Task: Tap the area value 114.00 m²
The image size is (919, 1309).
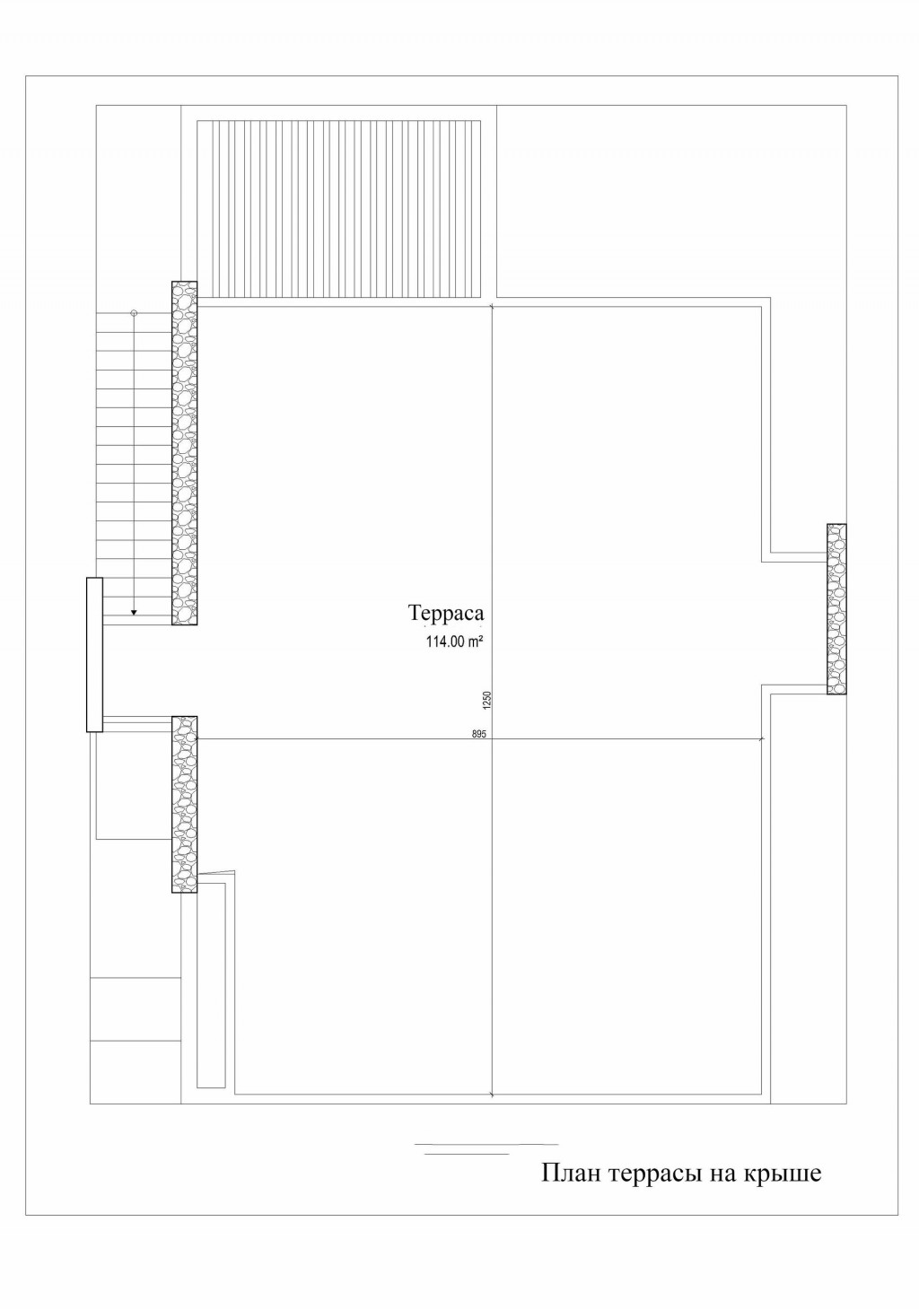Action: (454, 641)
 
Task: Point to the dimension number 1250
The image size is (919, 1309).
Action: (487, 701)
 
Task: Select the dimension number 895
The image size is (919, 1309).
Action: (478, 734)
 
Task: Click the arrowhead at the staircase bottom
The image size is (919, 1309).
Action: (134, 613)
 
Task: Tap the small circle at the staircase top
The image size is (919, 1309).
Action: (134, 312)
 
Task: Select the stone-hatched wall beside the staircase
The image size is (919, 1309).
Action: (184, 453)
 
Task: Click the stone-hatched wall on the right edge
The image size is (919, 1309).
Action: (836, 609)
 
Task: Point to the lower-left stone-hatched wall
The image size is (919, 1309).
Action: (184, 804)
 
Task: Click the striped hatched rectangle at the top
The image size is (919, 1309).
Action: (338, 209)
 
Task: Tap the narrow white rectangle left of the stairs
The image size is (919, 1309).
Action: (94, 655)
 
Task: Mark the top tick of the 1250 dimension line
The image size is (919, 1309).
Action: (492, 306)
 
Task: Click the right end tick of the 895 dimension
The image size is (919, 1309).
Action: (761, 739)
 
